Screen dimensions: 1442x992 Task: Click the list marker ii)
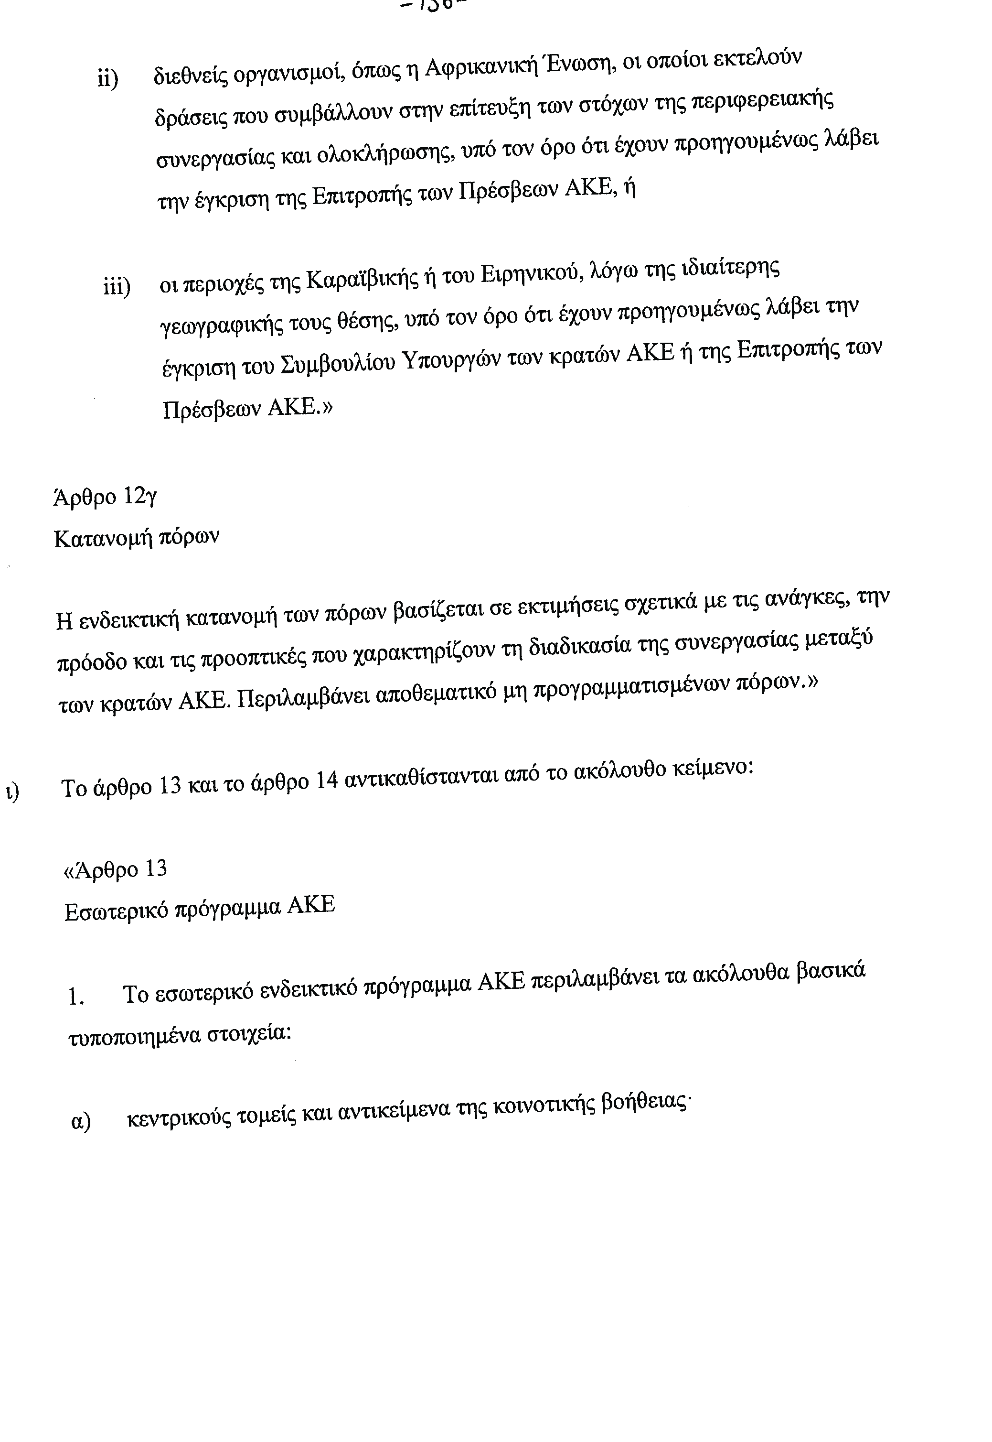click(107, 79)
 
